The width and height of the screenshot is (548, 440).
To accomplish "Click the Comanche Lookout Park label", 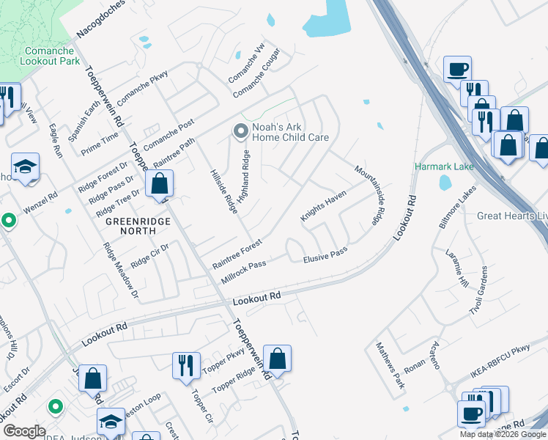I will coord(51,56).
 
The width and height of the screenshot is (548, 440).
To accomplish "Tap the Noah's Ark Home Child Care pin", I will coord(240,131).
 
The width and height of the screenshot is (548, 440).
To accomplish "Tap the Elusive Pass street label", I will coord(325,255).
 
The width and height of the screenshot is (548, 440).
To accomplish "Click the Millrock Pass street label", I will coord(243,274).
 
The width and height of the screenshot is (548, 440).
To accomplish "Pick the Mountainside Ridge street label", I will coord(369,194).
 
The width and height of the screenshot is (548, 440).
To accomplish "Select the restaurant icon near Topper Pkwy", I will coord(185,364).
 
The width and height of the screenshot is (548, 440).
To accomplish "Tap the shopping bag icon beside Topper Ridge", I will coord(278,359).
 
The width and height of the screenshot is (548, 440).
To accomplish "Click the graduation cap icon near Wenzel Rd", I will coord(26,168).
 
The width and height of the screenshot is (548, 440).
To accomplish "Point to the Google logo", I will coord(23,430).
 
